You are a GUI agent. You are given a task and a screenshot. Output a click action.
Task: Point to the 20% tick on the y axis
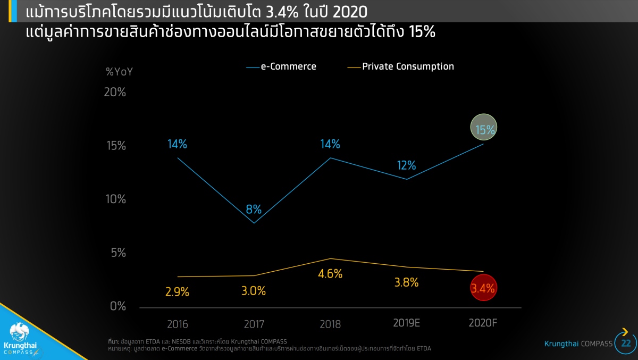pyautogui.click(x=115, y=92)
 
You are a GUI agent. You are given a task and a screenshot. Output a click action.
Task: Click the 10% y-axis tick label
pyautogui.click(x=115, y=199)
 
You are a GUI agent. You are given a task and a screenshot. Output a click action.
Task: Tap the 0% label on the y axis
pyautogui.click(x=118, y=306)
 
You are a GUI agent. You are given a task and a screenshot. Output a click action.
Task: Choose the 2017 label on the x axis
pyautogui.click(x=254, y=324)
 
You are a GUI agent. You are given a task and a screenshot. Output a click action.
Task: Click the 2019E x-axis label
pyautogui.click(x=406, y=323)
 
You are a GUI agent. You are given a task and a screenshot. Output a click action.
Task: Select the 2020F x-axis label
pyautogui.click(x=483, y=323)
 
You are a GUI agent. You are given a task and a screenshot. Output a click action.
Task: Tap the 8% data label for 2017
pyautogui.click(x=254, y=209)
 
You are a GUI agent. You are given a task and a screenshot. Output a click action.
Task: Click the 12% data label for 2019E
pyautogui.click(x=406, y=165)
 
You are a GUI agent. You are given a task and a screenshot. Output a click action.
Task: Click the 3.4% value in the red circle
pyautogui.click(x=483, y=289)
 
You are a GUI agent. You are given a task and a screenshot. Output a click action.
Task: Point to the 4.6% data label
pyautogui.click(x=331, y=274)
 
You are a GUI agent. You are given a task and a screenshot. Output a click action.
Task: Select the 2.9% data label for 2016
pyautogui.click(x=177, y=292)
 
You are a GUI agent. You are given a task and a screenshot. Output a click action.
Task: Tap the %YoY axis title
pyautogui.click(x=119, y=71)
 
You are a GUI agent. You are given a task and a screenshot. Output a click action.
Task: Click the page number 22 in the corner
pyautogui.click(x=625, y=344)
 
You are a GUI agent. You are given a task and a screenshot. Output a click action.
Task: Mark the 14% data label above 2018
pyautogui.click(x=330, y=144)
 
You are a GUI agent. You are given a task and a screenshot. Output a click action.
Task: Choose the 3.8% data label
pyautogui.click(x=406, y=283)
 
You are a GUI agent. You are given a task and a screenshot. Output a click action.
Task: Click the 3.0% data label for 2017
pyautogui.click(x=254, y=291)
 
